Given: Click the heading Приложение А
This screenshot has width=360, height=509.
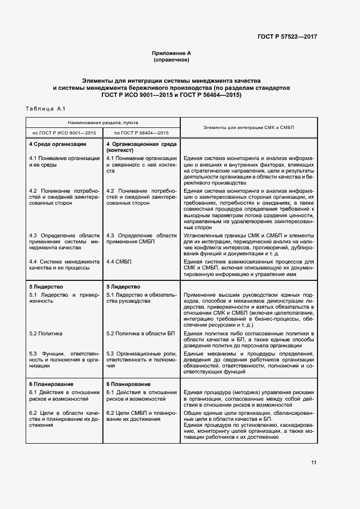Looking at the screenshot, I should coord(172,53).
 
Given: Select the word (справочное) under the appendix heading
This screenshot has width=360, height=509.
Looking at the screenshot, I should coord(172,60).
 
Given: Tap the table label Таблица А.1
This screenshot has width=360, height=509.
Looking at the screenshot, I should coord(45,109).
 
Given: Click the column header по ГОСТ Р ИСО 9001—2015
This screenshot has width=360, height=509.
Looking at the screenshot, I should coord(65,133).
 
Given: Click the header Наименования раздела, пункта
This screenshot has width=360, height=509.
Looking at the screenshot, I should coord(103,123).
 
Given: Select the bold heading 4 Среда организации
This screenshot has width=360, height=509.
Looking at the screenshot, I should coord(58,144).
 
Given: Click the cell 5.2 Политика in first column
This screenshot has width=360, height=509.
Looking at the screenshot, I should coord(46,333).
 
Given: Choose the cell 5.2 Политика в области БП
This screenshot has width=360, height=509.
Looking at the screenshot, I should coord(140,333).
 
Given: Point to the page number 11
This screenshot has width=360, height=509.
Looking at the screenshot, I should coord(314,463).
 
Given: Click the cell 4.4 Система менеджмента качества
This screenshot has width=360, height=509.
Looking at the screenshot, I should coord(64,265).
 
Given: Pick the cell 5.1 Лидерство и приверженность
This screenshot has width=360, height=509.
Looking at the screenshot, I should coord(64,298).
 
